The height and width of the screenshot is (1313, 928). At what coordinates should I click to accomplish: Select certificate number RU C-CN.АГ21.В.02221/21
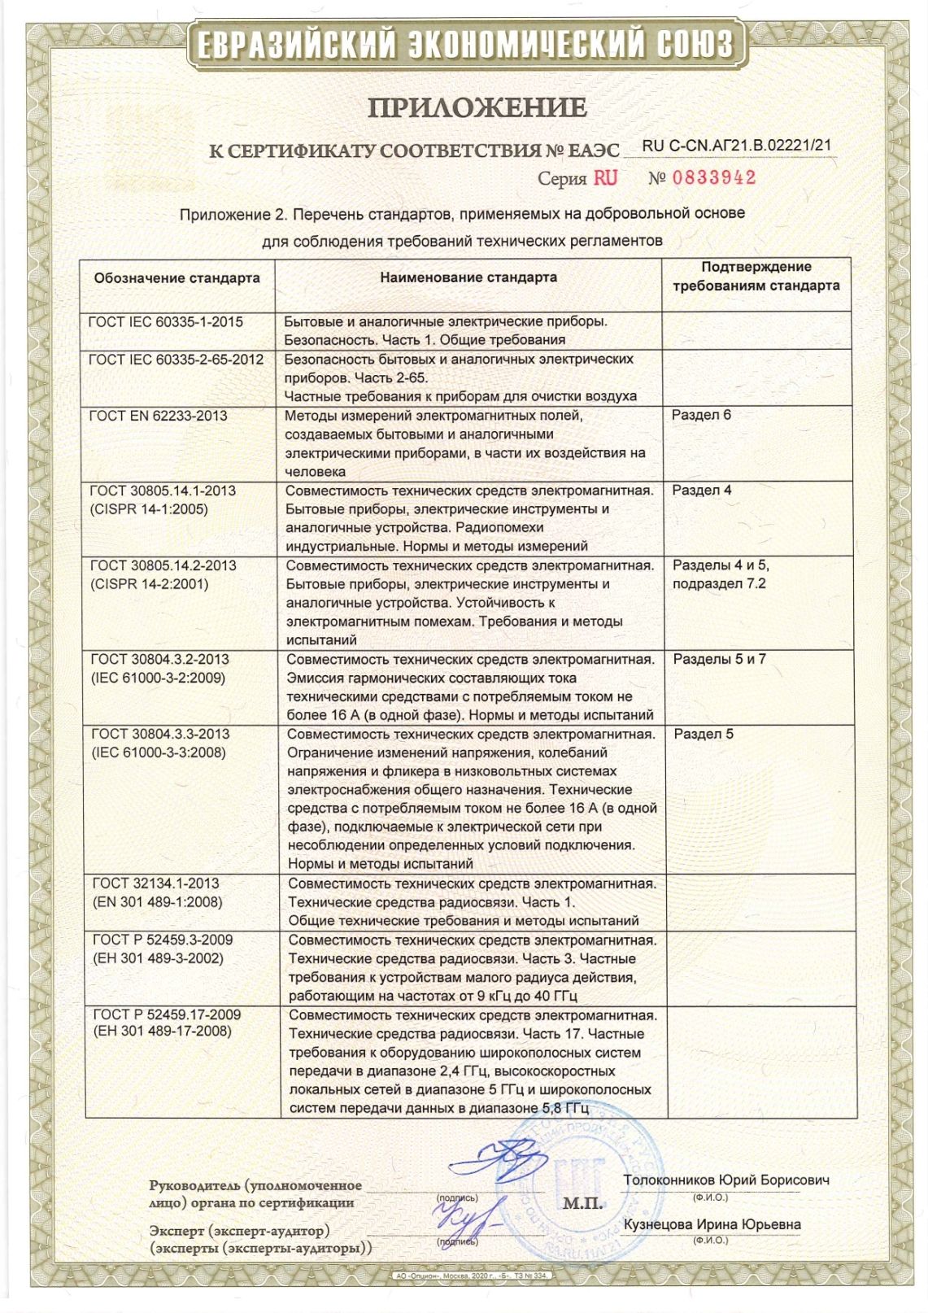tap(738, 146)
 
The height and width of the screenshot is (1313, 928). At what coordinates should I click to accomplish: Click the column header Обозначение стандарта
tap(176, 278)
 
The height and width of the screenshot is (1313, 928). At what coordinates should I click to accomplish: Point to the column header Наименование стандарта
tap(468, 277)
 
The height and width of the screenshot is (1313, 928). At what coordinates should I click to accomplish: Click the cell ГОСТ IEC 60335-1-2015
tap(166, 322)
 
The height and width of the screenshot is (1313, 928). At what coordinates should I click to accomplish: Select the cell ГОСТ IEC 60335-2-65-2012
tap(176, 360)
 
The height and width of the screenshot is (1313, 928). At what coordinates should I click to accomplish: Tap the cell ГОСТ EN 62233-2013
tap(158, 416)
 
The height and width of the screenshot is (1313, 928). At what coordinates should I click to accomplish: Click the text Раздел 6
tap(701, 415)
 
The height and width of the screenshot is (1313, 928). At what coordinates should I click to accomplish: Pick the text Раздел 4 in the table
tap(702, 490)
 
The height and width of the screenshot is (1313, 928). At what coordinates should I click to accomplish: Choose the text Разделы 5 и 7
tap(719, 659)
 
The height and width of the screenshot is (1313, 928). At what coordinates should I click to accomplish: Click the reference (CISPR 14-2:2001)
tap(149, 584)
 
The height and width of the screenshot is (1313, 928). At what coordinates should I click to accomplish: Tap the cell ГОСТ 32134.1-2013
tap(155, 883)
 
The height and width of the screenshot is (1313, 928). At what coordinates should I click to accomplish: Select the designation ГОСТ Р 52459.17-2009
tap(167, 1014)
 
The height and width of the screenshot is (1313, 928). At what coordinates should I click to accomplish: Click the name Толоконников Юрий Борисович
tap(726, 1180)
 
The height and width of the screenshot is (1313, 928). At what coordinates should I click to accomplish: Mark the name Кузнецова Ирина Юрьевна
tap(712, 1224)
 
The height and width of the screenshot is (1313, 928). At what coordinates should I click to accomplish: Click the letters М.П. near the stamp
tap(582, 1203)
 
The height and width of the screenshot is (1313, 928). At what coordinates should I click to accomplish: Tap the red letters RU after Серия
tap(605, 177)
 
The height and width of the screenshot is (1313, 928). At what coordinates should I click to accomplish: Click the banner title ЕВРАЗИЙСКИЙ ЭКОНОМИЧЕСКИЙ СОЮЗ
tap(466, 45)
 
